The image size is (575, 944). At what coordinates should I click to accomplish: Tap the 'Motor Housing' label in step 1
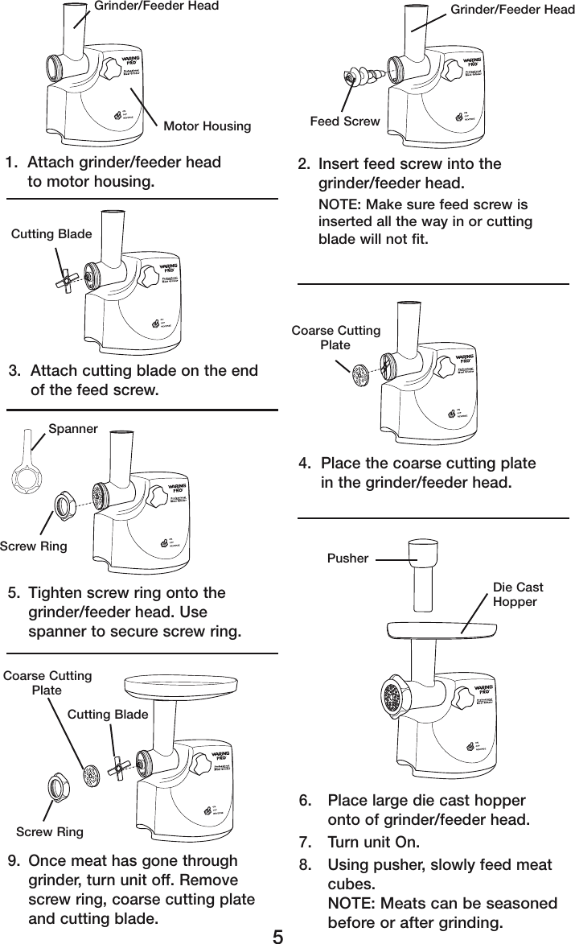coord(207,126)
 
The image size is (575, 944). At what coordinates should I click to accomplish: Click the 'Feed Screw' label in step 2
coord(345,122)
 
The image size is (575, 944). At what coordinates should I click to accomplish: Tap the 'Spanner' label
coord(72,429)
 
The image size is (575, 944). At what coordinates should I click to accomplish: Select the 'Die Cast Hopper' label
coord(517,595)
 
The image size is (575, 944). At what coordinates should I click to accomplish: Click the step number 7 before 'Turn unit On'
coord(303,843)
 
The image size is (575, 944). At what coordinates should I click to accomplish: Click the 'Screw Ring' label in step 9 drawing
coord(51,831)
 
